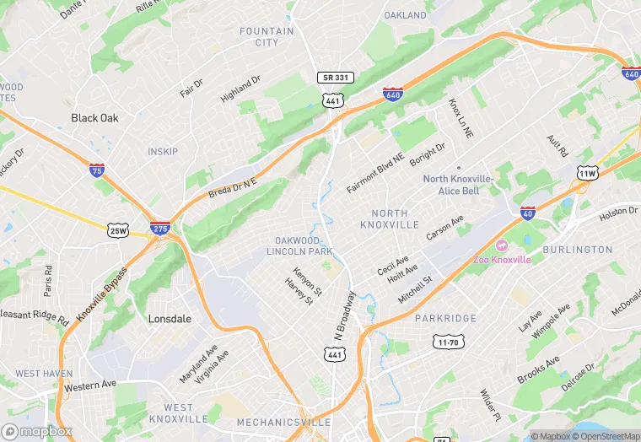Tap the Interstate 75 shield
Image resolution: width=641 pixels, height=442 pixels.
[x=97, y=170]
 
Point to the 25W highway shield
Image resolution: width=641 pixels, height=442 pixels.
[x=118, y=229]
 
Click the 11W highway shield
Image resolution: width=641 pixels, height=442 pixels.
[x=587, y=173]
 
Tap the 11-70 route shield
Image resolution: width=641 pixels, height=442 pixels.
[x=447, y=342]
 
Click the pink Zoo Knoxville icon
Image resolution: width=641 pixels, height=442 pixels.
[x=502, y=245]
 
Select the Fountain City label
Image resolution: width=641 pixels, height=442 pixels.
[x=267, y=36]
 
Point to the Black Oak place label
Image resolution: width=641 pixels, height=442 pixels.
[x=94, y=118]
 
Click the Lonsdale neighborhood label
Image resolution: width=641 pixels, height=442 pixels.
[x=170, y=319]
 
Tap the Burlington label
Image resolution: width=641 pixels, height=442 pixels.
[x=577, y=250]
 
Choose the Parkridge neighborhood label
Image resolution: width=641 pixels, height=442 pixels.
[x=445, y=318]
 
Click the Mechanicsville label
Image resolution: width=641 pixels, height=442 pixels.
[x=279, y=422]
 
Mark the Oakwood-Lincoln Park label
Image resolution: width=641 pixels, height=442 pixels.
[x=299, y=246]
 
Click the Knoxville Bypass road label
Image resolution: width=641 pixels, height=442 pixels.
[x=101, y=294]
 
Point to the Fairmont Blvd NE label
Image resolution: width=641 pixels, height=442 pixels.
[x=375, y=173]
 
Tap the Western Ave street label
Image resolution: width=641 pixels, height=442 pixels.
[x=89, y=387]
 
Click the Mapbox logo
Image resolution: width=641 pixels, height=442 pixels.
[x=36, y=431]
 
